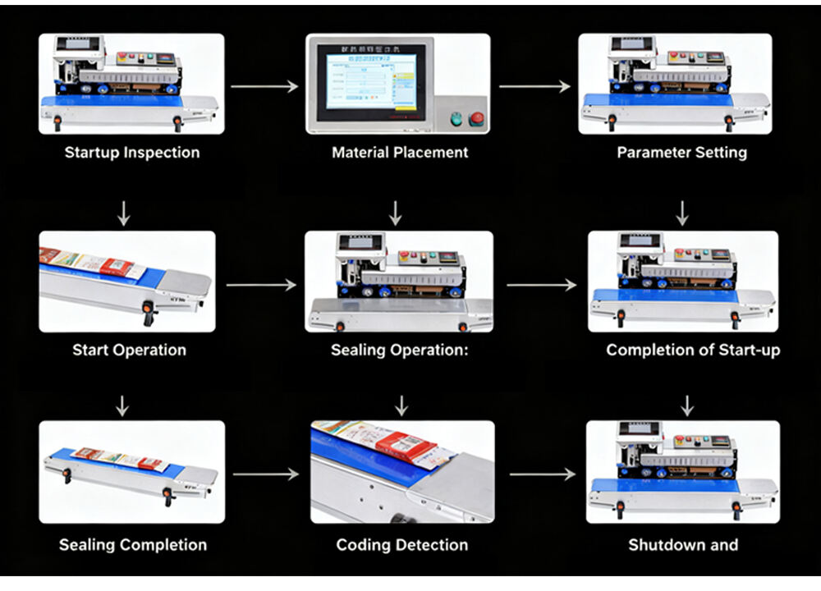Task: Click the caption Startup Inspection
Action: pos(131,152)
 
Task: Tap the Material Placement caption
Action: pos(400,152)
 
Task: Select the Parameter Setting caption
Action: pos(681,152)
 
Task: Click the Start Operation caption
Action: pos(129,350)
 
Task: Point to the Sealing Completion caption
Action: pos(132,544)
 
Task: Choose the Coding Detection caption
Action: pos(401,544)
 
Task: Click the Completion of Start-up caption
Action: pos(693,350)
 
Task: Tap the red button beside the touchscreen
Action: pos(475,120)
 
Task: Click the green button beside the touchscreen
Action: pos(456,120)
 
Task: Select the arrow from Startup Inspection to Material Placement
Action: pos(264,86)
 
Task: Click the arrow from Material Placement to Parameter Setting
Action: pos(534,86)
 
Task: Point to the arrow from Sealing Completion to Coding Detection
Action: pos(266,474)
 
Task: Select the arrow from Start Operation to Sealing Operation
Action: pos(260,286)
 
